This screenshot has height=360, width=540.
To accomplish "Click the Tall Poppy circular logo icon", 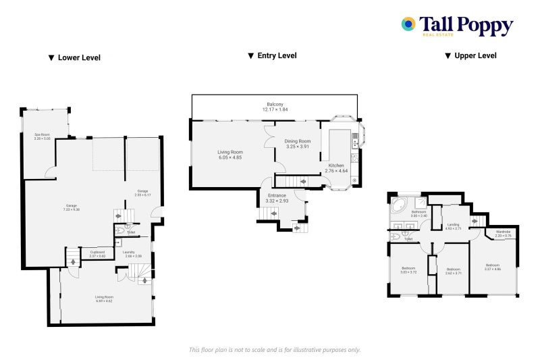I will pos(408,24).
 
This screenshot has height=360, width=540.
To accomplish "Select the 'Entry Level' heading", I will pos(272,56).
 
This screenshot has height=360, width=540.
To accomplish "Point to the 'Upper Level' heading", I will pos(470,56).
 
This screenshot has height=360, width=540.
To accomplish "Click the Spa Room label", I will pos(43,136).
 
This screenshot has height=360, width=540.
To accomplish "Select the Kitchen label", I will pos(336,165).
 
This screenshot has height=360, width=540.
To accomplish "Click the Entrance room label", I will pos(277,196).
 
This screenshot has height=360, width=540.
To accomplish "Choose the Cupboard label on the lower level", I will pos(98,253).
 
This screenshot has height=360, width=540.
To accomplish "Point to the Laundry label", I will pos(133,253).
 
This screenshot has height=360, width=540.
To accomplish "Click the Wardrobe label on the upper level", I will pos(503,232).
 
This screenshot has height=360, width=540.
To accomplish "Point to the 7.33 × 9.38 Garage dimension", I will pos(72,210).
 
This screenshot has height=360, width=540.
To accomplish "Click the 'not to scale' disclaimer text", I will pos(274,350).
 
